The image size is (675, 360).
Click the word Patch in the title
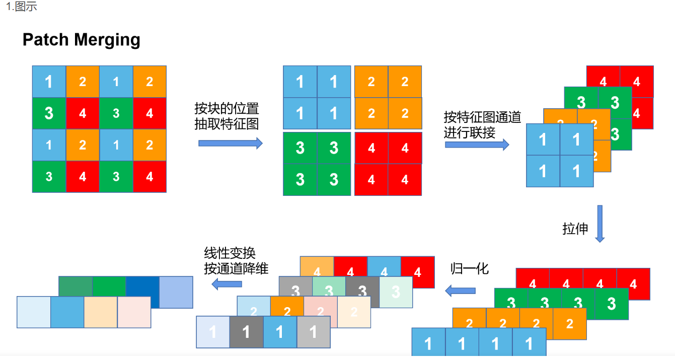45,40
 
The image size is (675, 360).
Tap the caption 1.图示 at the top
22,7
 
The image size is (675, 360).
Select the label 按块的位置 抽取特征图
227,116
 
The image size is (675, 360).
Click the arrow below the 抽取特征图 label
230,143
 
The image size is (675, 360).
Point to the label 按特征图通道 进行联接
482,125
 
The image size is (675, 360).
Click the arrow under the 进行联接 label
477,145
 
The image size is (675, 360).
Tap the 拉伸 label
575,229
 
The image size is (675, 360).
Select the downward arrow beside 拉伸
600,224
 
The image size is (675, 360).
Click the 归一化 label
470,269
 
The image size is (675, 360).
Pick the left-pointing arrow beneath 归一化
460,291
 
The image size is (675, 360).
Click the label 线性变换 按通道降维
236,261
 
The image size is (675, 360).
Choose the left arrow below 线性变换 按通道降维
227,284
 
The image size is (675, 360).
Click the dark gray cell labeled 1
247,332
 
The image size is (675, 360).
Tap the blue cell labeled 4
384,266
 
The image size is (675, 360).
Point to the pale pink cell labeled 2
320,306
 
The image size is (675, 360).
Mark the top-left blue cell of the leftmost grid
49,82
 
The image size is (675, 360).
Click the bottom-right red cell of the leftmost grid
149,176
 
